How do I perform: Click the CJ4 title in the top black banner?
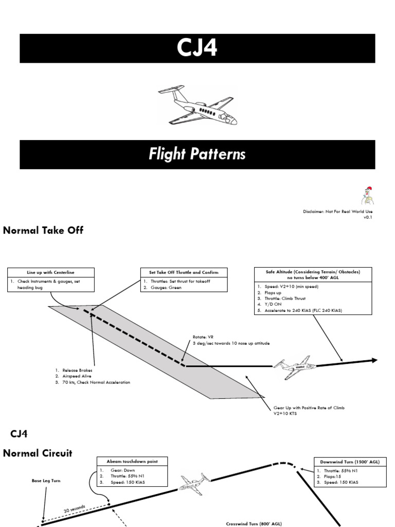click(197, 48)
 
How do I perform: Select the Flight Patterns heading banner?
click(197, 154)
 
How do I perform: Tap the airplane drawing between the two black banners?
click(197, 106)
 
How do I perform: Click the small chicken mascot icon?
click(366, 195)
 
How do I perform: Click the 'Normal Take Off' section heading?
click(43, 231)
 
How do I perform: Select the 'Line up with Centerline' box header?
click(51, 272)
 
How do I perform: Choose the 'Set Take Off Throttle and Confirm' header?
click(184, 272)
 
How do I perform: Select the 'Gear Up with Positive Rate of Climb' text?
click(309, 408)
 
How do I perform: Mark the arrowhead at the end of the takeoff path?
click(374, 360)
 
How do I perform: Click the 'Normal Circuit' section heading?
click(38, 453)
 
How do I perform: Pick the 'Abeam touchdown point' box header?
click(132, 462)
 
